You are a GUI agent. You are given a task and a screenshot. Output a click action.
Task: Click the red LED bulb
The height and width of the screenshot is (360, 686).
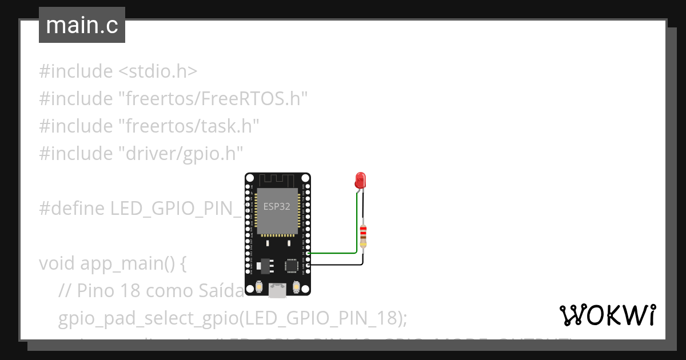360,181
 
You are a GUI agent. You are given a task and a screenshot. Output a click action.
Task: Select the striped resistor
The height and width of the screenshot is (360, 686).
363,237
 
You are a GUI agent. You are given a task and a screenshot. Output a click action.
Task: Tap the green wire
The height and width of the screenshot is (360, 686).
337,252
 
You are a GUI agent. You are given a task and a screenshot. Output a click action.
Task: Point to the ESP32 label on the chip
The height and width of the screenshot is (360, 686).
277,206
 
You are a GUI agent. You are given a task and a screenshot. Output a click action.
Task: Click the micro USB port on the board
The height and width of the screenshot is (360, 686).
278,290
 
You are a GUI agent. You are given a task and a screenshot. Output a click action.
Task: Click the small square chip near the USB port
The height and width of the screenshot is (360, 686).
292,265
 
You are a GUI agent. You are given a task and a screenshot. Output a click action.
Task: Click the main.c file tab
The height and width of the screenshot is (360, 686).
82,26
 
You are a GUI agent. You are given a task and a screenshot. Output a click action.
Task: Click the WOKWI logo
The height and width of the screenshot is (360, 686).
607,315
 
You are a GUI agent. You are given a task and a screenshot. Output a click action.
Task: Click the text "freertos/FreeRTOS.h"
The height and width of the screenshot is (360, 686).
213,99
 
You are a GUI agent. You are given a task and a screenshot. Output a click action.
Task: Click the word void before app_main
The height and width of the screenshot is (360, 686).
58,263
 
